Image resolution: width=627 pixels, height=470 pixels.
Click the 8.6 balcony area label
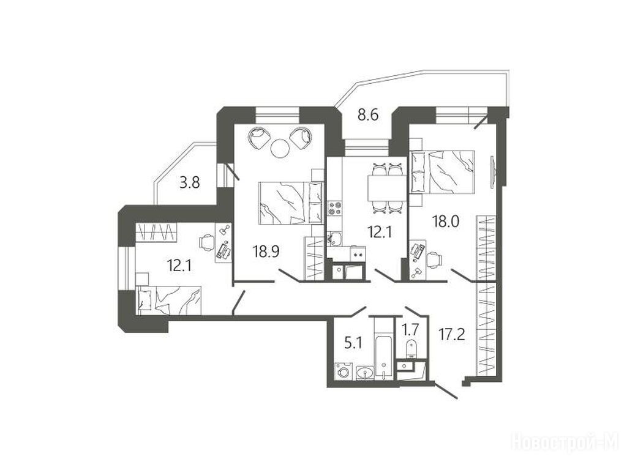coord(368,115)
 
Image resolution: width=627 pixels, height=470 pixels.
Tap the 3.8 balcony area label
coord(189,183)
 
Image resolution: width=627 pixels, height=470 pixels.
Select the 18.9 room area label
coord(266,252)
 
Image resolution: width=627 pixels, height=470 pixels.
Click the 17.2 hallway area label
coord(451,335)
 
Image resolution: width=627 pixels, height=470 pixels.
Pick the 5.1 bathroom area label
coord(353,343)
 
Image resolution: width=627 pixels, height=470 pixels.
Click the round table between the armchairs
coord(279,148)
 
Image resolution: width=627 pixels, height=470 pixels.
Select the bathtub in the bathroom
coord(383,348)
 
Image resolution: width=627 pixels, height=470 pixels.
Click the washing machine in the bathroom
coord(343,371)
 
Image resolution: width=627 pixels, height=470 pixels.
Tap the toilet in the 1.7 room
coord(411,349)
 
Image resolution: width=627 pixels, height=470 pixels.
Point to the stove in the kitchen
coord(335,207)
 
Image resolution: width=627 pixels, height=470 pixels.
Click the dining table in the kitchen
coord(387,188)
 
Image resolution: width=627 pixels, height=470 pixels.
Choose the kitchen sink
coord(334,239)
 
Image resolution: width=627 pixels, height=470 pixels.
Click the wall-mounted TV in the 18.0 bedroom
coord(493,172)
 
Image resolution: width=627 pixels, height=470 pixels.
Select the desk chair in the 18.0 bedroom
coord(434,259)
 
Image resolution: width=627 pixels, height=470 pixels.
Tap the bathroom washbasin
coord(364,373)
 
